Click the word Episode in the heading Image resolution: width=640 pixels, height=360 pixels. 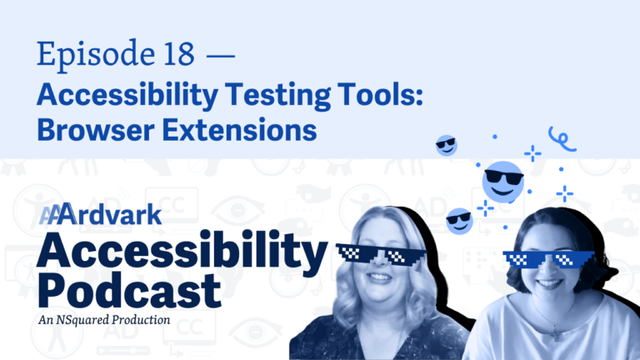[x=96, y=55]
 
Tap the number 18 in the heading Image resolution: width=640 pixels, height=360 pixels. [x=179, y=53]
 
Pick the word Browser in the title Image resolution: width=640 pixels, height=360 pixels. [x=96, y=130]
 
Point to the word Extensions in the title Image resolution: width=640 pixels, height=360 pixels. [x=240, y=130]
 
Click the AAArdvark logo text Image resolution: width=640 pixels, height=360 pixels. [x=100, y=214]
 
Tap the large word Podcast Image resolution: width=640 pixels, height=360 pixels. [x=129, y=290]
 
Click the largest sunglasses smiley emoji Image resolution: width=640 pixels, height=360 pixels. [x=502, y=182]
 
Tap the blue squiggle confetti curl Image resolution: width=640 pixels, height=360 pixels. [x=562, y=139]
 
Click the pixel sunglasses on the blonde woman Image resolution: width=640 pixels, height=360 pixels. [x=381, y=253]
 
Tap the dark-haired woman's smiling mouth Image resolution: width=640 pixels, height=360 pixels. [x=547, y=283]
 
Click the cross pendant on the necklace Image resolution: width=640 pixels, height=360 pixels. [x=556, y=334]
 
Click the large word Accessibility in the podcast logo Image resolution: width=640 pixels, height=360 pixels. [x=182, y=250]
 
